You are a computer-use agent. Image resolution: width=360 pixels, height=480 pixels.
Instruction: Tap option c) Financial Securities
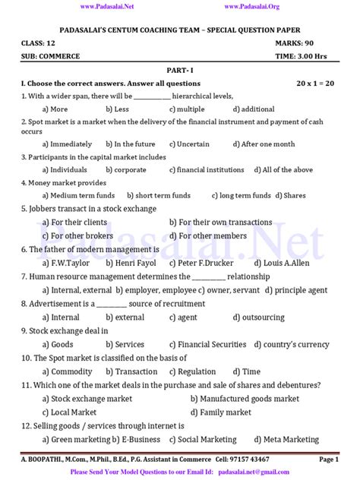pyautogui.click(x=210, y=344)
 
